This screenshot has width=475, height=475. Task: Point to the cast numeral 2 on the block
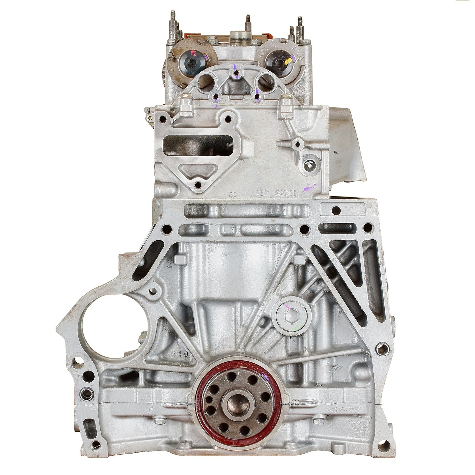170,263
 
